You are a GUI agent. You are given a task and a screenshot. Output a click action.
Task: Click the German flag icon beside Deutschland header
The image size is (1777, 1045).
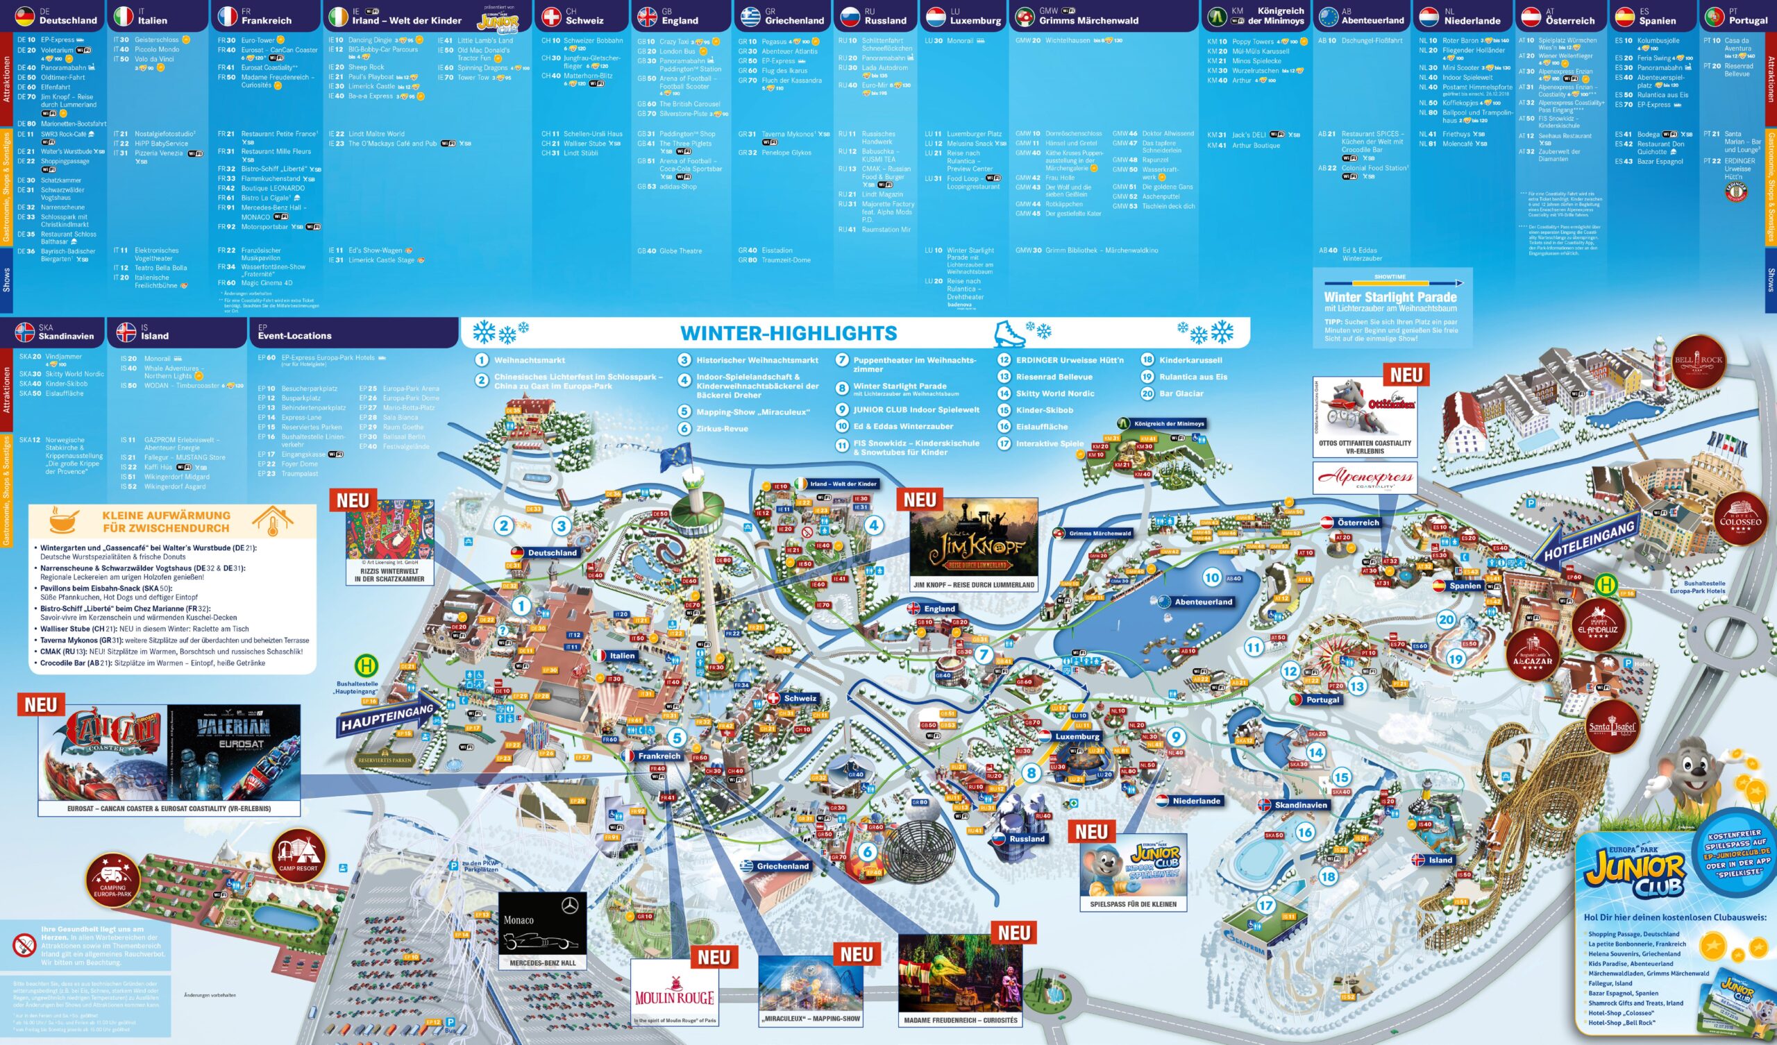[x=25, y=15]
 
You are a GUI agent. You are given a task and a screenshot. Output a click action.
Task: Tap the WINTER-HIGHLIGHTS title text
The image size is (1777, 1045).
[x=789, y=333]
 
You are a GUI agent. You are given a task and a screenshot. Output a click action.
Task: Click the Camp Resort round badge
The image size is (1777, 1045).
[x=298, y=855]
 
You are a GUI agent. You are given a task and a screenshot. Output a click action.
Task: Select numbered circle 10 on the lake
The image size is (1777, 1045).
[x=1211, y=578]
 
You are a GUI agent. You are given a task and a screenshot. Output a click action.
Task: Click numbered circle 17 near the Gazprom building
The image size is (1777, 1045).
[x=1265, y=906]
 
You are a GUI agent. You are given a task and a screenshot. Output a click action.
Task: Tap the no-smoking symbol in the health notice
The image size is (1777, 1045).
[x=24, y=945]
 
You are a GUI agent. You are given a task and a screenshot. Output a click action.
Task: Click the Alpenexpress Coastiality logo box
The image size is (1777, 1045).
[x=1365, y=478]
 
